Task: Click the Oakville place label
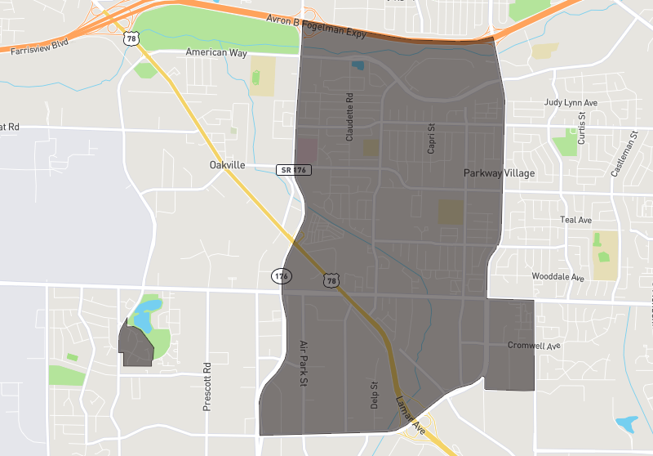click(x=227, y=165)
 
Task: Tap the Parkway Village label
click(x=499, y=173)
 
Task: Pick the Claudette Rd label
click(x=349, y=118)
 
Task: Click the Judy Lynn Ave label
click(x=571, y=103)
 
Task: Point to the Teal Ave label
click(x=575, y=220)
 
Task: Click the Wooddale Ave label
click(x=558, y=277)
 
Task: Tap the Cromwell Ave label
click(x=534, y=346)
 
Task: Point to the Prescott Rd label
click(x=207, y=387)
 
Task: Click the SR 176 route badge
click(x=294, y=169)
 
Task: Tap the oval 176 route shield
click(x=282, y=275)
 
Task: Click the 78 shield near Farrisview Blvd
click(x=131, y=38)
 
